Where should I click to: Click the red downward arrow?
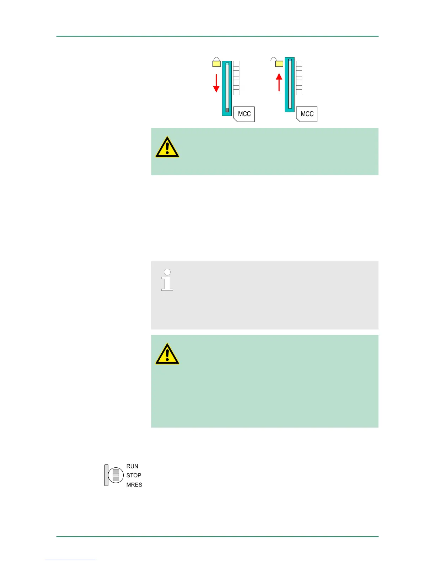pyautogui.click(x=216, y=84)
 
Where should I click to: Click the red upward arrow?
pyautogui.click(x=279, y=82)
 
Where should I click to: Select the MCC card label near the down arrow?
pyautogui.click(x=244, y=114)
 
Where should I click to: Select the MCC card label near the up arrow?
pyautogui.click(x=307, y=114)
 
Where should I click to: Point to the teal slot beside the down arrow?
pyautogui.click(x=227, y=88)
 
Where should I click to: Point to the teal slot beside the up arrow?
pyautogui.click(x=290, y=85)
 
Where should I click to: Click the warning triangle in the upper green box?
pyautogui.click(x=167, y=147)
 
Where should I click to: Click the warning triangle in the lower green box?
pyautogui.click(x=167, y=354)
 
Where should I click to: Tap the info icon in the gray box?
pyautogui.click(x=167, y=280)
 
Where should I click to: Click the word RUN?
pyautogui.click(x=132, y=466)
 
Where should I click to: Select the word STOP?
pyautogui.click(x=134, y=475)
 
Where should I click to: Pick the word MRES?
pyautogui.click(x=134, y=484)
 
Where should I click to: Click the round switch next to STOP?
pyautogui.click(x=116, y=475)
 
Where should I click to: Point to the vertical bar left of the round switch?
pyautogui.click(x=106, y=475)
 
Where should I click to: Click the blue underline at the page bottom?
pyautogui.click(x=70, y=560)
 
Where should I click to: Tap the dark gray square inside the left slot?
pyautogui.click(x=227, y=110)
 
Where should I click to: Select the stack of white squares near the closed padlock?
pyautogui.click(x=236, y=78)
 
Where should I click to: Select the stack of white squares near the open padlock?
pyautogui.click(x=299, y=78)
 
